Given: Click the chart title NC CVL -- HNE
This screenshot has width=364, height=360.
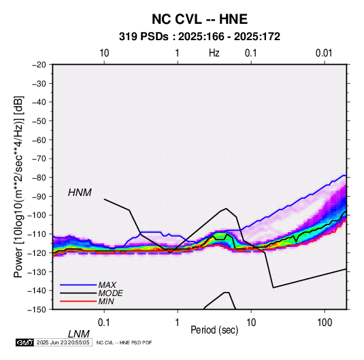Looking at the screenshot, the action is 199,19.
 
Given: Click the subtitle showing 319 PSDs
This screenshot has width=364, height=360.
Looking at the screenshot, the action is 199,37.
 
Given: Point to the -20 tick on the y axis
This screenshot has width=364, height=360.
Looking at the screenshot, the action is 39,65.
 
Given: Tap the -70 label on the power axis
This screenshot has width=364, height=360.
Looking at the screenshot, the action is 39,159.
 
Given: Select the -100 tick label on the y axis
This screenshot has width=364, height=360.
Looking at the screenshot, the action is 37,215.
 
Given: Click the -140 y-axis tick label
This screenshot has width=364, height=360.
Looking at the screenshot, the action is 37,291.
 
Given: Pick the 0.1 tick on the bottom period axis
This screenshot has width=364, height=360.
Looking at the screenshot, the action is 104,322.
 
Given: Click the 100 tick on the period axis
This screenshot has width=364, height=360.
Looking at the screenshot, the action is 324,322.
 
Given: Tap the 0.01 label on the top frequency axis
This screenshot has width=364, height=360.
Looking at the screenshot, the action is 324,53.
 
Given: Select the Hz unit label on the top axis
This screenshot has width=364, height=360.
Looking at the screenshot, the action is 214,53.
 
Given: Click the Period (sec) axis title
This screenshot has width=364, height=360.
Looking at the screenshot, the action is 214,330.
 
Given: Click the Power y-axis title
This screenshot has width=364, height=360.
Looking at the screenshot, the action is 18,187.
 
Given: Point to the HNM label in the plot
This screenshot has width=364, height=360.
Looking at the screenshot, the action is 80,193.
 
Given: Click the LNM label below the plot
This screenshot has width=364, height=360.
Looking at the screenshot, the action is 79,334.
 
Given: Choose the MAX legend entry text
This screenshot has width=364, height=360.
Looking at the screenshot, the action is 107,284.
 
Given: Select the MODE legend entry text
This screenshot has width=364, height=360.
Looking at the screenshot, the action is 110,293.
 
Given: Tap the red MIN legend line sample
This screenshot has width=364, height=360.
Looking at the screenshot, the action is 78,301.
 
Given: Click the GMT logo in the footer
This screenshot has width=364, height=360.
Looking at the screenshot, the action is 25,342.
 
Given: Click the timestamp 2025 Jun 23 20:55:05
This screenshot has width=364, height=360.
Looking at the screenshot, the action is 63,342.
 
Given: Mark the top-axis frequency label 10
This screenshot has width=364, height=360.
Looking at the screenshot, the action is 104,53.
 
